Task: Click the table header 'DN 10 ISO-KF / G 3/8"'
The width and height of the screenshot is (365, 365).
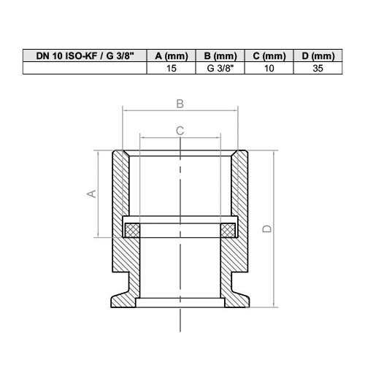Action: [84, 56]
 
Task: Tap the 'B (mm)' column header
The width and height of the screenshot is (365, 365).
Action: [220, 56]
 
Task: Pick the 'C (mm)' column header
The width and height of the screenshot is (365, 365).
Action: [269, 56]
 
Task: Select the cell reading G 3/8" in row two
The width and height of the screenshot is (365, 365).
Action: [220, 68]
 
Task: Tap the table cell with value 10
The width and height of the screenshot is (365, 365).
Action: [269, 68]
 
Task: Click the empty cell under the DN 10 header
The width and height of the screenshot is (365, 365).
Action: [84, 68]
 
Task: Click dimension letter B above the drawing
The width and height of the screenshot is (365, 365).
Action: [180, 104]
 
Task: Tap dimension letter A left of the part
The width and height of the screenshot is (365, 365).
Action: [91, 193]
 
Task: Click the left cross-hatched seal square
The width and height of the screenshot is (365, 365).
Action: [131, 230]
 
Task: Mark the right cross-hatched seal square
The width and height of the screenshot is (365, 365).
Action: [227, 230]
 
